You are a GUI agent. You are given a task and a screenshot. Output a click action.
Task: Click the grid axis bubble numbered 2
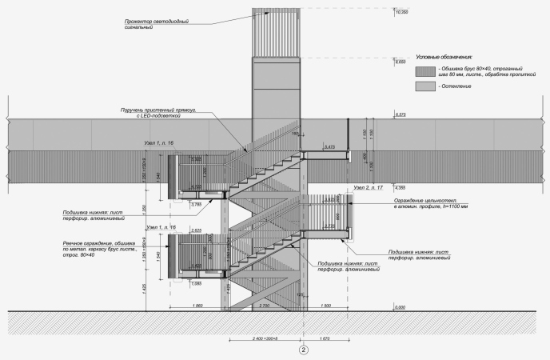tap(303, 350)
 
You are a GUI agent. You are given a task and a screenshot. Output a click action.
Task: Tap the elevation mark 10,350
tap(402, 13)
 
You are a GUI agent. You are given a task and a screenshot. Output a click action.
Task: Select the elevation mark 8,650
tap(402, 61)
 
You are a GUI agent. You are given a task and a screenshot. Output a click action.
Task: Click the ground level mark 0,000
tap(401, 306)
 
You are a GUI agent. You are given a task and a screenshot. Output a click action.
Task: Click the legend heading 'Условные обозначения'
tap(444, 58)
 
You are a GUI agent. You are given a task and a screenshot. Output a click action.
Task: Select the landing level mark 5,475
tap(329, 147)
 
